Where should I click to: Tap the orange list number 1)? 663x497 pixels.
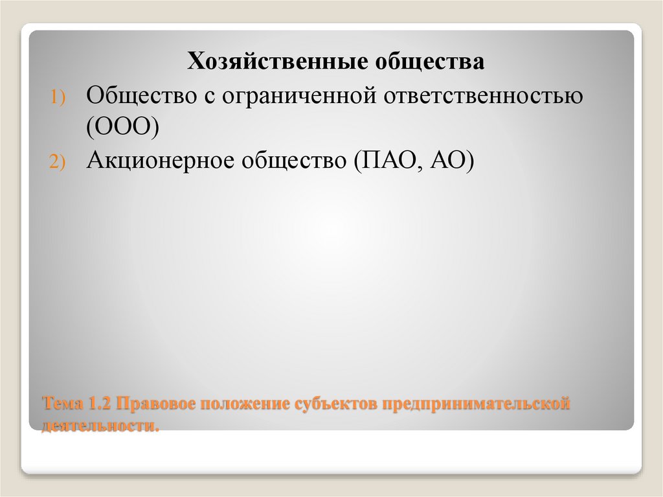click(x=58, y=97)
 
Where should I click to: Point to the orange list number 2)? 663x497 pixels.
click(x=58, y=163)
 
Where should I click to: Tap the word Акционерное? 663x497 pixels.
click(x=159, y=161)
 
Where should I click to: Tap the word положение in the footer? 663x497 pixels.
click(x=246, y=405)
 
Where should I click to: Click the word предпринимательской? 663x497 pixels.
click(x=476, y=405)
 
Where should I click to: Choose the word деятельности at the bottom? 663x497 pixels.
click(x=100, y=425)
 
